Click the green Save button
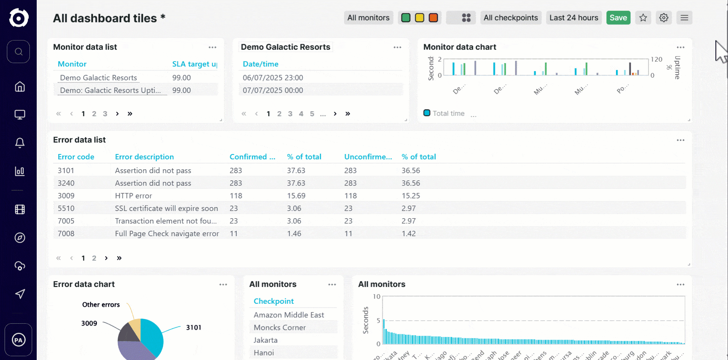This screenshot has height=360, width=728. (x=618, y=18)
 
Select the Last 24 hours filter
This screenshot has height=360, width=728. (x=574, y=18)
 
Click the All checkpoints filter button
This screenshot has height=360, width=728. (x=510, y=18)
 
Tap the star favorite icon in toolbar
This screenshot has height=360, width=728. (x=643, y=18)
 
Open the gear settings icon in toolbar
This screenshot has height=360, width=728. (x=664, y=18)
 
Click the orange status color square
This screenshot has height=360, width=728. (x=433, y=18)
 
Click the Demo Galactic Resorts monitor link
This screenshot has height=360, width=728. (x=98, y=78)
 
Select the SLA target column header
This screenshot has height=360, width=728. (x=194, y=64)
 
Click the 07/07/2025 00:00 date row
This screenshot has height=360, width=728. (x=273, y=90)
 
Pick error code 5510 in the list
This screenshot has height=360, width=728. (x=66, y=208)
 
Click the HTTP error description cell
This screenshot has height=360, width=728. (x=133, y=196)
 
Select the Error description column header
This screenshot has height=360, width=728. (x=144, y=157)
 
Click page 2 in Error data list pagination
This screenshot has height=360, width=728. (x=94, y=258)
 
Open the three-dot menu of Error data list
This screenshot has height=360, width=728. (x=680, y=140)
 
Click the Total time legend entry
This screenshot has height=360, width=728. (x=448, y=113)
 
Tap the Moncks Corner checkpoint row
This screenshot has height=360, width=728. (x=279, y=328)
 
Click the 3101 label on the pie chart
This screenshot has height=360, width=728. (x=193, y=327)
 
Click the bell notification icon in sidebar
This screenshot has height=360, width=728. (x=20, y=143)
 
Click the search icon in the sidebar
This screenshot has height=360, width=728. (x=18, y=52)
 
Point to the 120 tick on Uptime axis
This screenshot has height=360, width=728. (x=656, y=59)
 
